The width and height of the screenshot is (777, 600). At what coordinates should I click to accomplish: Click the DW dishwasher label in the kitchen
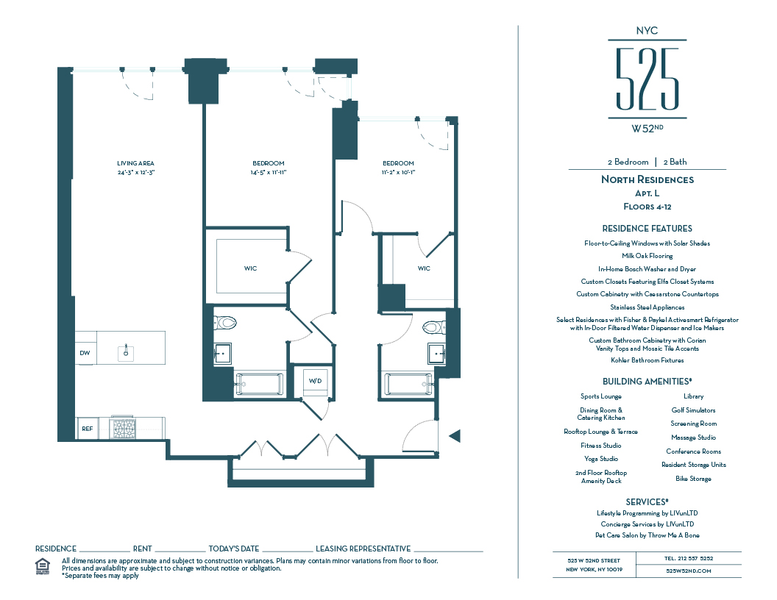[x=85, y=353]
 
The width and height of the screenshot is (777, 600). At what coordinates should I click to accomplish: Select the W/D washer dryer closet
[x=315, y=380]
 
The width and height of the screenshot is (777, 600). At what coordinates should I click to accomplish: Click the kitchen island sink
[x=126, y=351]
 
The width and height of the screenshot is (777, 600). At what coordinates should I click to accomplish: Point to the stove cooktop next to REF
[x=123, y=428]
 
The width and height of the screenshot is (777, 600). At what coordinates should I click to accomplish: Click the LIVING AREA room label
[x=135, y=163]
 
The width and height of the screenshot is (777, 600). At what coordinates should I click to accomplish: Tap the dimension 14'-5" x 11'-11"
[x=268, y=172]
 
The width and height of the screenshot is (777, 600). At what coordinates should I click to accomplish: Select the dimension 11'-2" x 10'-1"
[x=397, y=172]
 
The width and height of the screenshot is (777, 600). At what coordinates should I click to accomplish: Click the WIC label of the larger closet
[x=251, y=268]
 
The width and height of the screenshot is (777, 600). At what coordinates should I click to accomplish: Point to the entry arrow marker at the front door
[x=454, y=436]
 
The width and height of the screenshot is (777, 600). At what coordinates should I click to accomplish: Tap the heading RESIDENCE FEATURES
[x=647, y=229]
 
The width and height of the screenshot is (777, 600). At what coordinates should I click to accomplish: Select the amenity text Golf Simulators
[x=693, y=410]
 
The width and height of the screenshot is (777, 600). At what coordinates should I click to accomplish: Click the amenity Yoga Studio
[x=600, y=459]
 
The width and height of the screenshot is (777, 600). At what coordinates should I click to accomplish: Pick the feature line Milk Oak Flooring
[x=647, y=256]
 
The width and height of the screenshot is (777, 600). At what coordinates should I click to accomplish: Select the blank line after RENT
[x=180, y=549]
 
